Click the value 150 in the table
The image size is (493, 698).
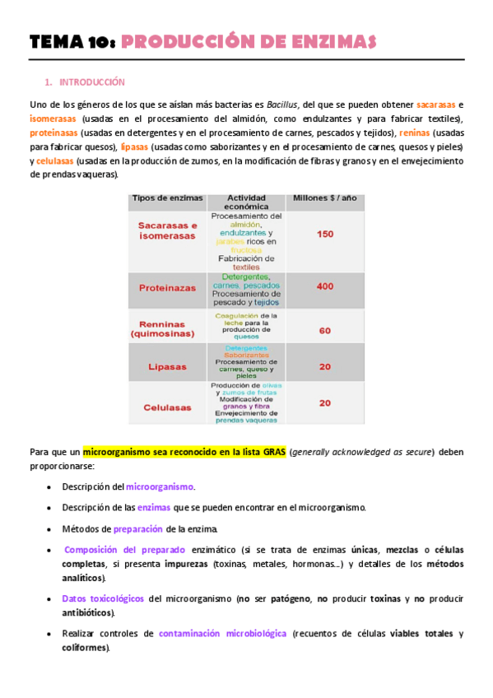click(x=324, y=235)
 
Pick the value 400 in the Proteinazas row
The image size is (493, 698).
click(x=324, y=286)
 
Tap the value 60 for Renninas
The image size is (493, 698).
click(x=324, y=330)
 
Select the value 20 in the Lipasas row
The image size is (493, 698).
click(x=324, y=366)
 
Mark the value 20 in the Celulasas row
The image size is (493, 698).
click(x=324, y=403)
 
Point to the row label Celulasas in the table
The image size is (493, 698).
click(x=167, y=407)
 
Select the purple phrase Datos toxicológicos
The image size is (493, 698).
click(x=103, y=598)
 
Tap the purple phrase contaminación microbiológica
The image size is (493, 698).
click(x=223, y=634)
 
